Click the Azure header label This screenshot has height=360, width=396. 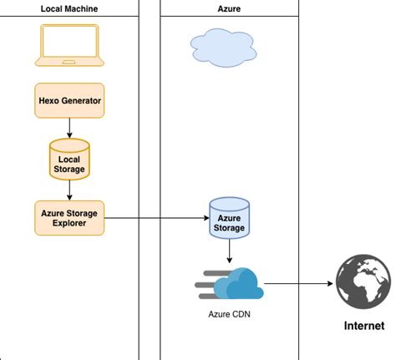coord(229,8)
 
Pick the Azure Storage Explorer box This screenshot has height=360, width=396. coord(69,218)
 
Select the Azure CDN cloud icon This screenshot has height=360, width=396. coord(237,285)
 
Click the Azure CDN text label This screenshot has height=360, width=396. coord(229,316)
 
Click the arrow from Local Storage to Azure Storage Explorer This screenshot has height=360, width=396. coord(69,188)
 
